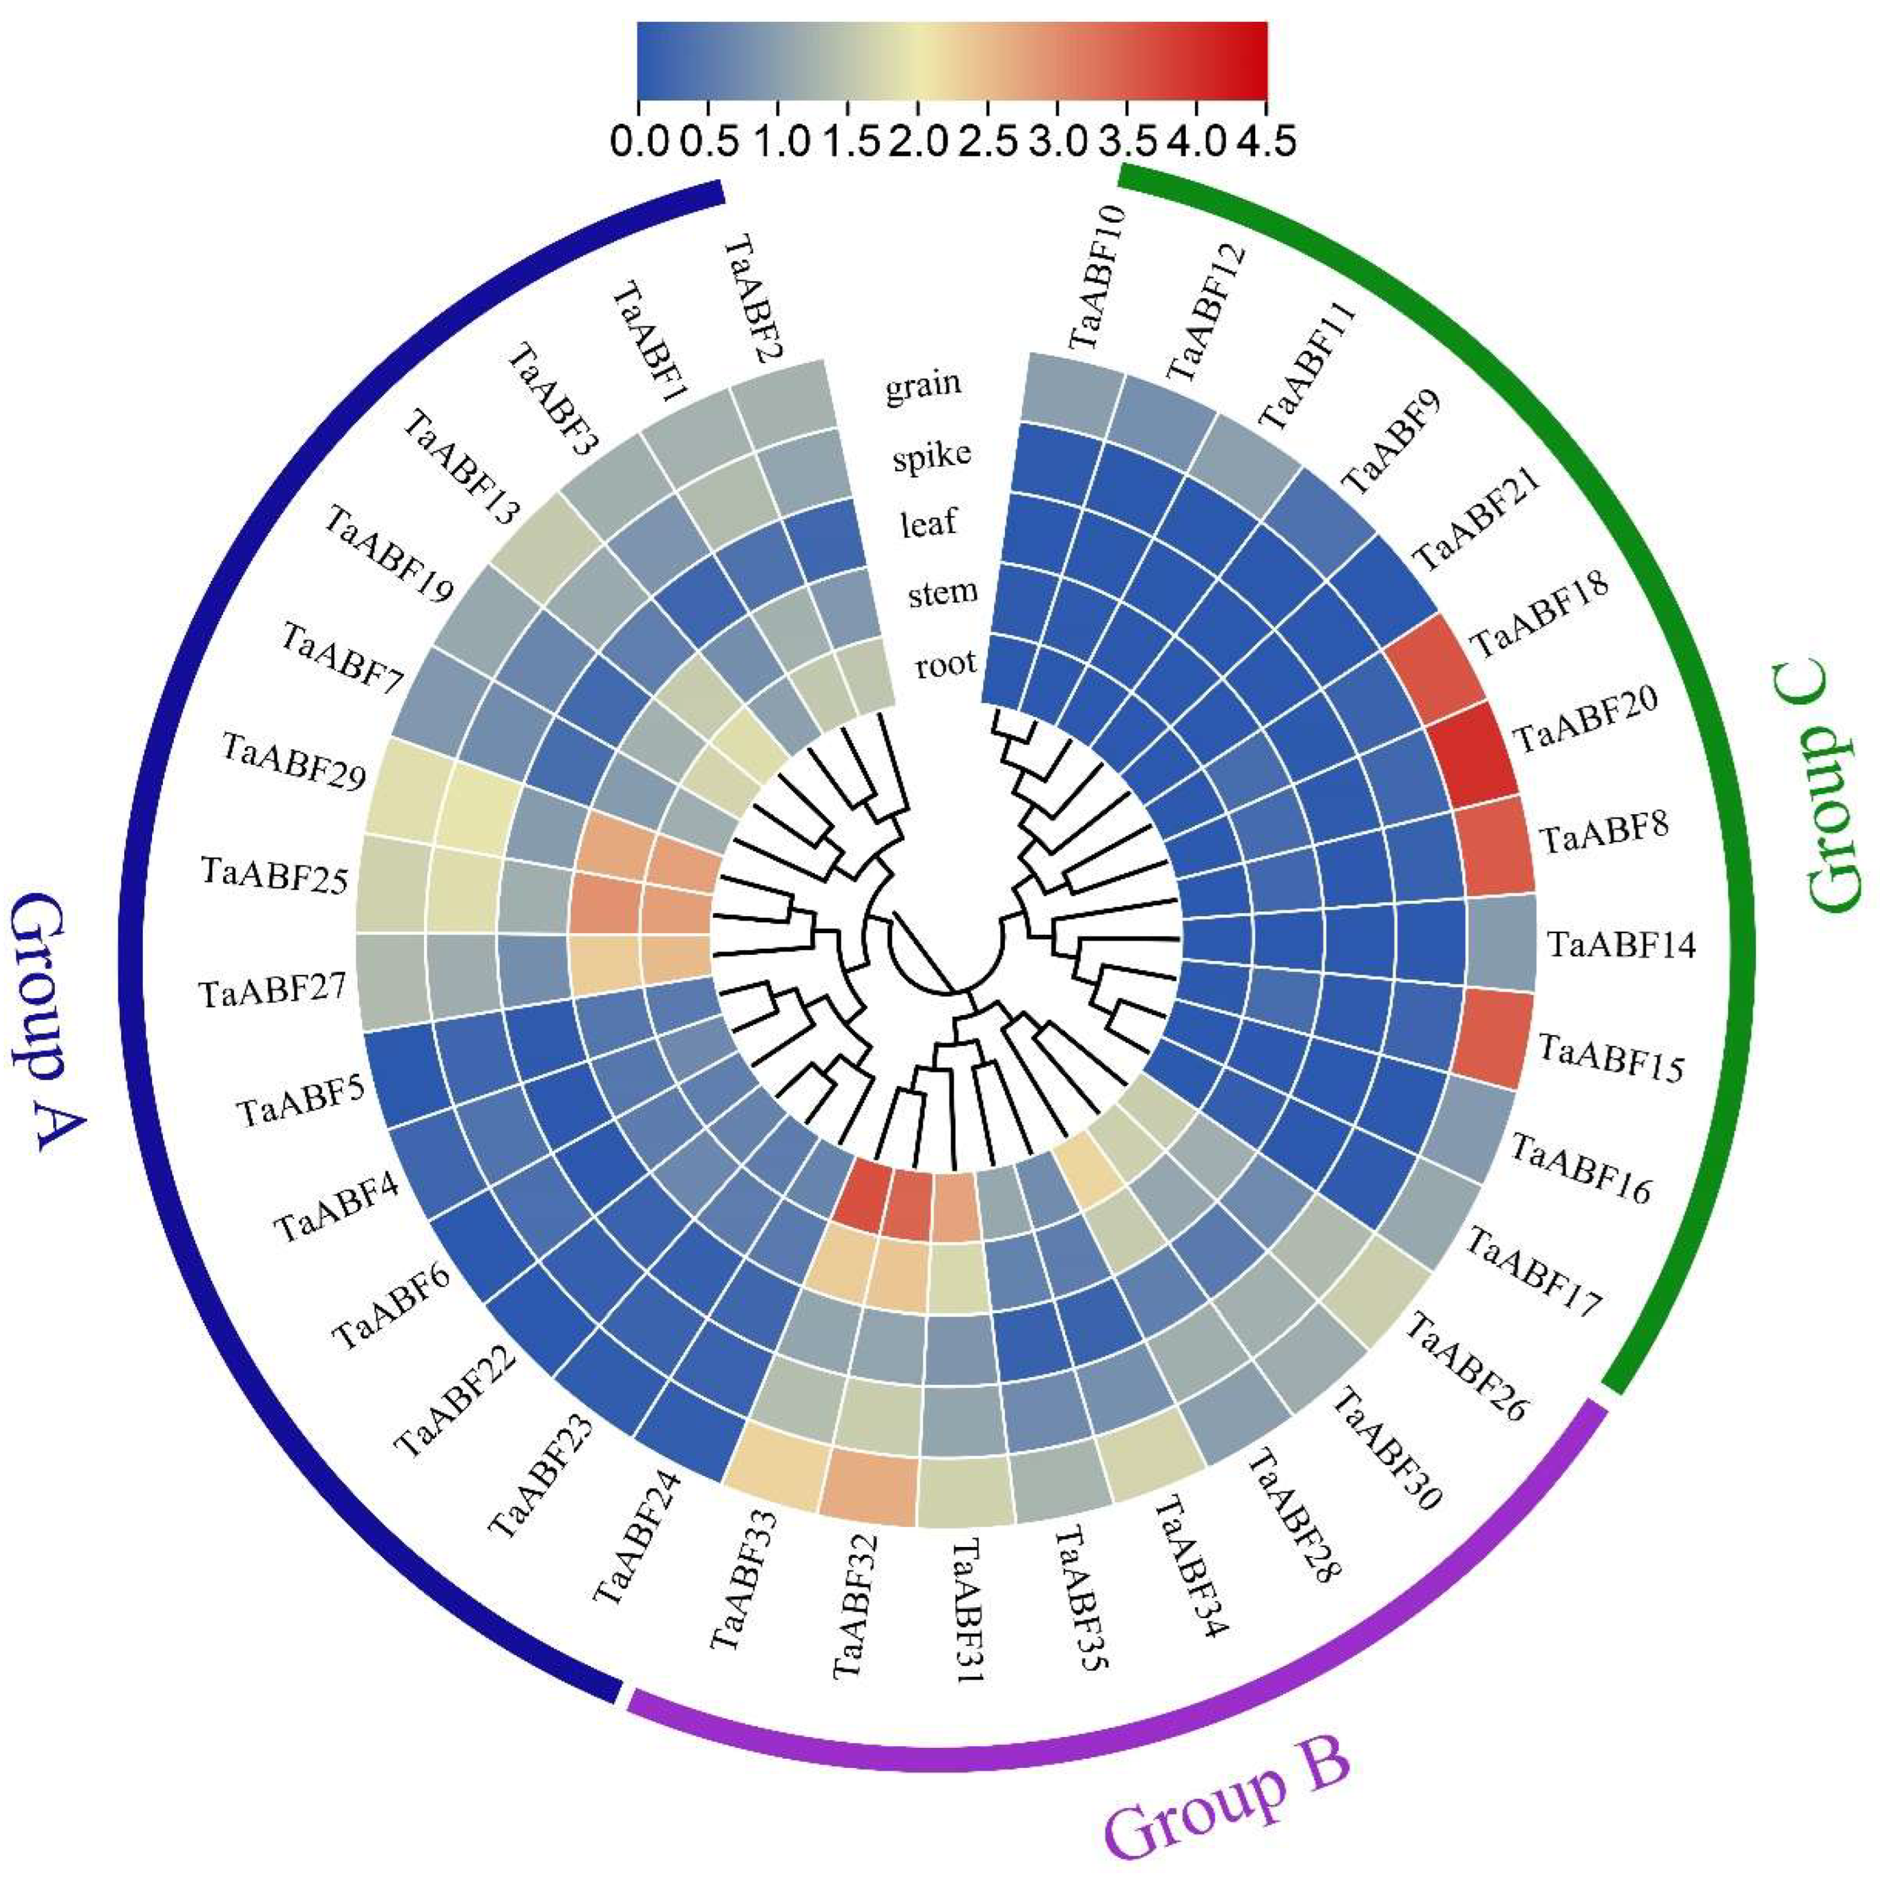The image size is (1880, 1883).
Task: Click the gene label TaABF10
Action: coord(1097,278)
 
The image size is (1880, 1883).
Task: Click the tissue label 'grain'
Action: coord(922,385)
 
